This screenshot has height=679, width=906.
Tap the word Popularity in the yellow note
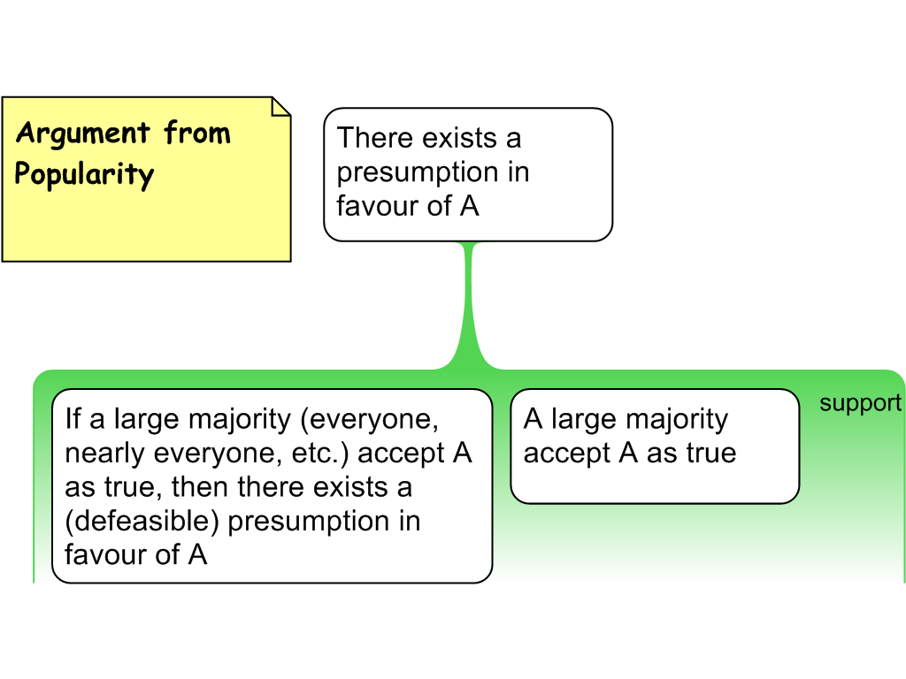84,174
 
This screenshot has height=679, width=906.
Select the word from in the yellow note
196,134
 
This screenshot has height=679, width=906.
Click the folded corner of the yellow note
280,107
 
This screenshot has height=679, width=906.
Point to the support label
860,403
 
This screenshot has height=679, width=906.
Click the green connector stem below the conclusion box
469,301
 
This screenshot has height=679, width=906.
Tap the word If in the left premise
73,418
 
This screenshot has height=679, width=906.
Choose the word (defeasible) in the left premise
142,521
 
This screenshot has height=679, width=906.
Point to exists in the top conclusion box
458,138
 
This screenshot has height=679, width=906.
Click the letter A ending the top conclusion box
469,205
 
